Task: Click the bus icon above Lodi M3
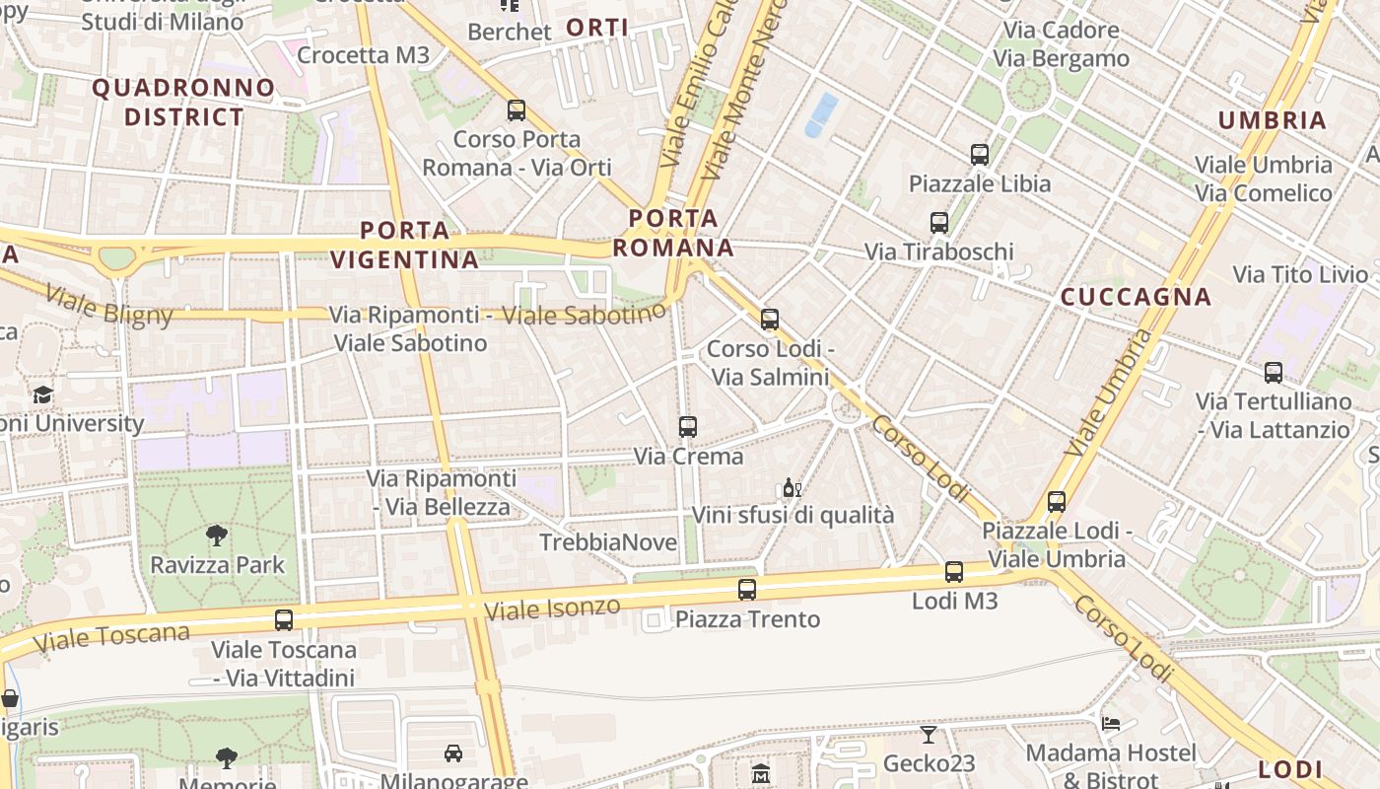pyautogui.click(x=953, y=572)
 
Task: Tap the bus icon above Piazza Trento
pyautogui.click(x=747, y=590)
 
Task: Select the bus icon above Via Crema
pyautogui.click(x=688, y=427)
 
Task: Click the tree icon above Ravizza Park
pyautogui.click(x=217, y=536)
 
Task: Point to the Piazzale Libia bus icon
pyautogui.click(x=979, y=155)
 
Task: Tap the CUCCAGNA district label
pyautogui.click(x=1136, y=297)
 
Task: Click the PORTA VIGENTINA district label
pyautogui.click(x=404, y=246)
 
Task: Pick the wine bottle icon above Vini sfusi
pyautogui.click(x=792, y=488)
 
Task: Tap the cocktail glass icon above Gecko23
pyautogui.click(x=929, y=735)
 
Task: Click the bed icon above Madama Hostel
pyautogui.click(x=1111, y=724)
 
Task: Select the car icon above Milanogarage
pyautogui.click(x=453, y=753)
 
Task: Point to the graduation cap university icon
pyautogui.click(x=42, y=395)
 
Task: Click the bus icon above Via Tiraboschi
pyautogui.click(x=938, y=223)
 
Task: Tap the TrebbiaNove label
pyautogui.click(x=608, y=542)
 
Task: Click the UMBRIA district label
pyautogui.click(x=1273, y=120)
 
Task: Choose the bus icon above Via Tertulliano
pyautogui.click(x=1274, y=373)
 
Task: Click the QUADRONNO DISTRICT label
pyautogui.click(x=183, y=103)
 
